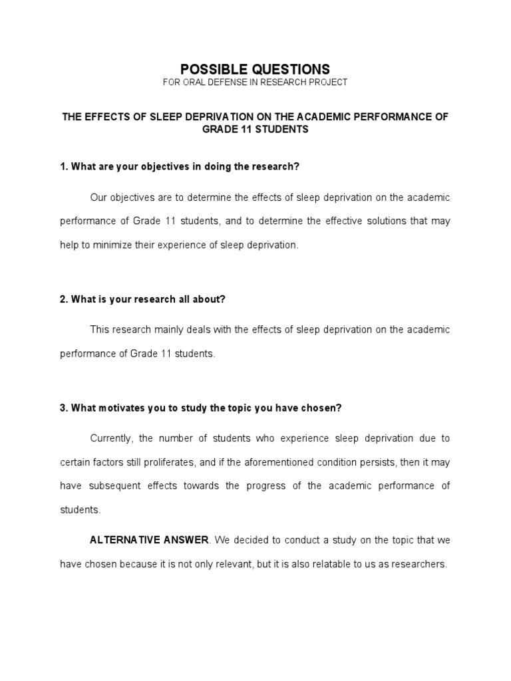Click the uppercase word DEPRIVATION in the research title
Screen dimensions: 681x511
click(x=200, y=117)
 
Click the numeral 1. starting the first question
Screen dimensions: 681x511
click(x=64, y=166)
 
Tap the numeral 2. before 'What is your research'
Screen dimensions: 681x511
click(x=64, y=299)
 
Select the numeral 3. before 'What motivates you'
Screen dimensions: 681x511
click(x=64, y=408)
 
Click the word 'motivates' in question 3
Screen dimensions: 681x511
click(x=120, y=408)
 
